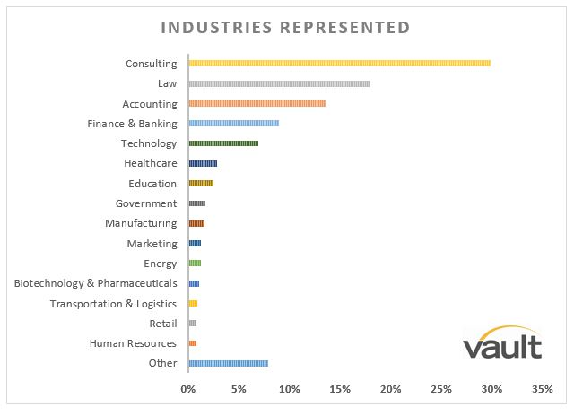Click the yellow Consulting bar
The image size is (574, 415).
339,64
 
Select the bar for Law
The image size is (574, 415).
279,83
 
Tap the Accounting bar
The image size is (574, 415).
257,104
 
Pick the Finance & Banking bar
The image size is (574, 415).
233,124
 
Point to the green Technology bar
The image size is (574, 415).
223,143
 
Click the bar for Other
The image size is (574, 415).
228,363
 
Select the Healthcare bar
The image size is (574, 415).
203,164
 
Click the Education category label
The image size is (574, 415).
152,184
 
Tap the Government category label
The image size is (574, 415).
146,203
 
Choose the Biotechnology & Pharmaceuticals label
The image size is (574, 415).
95,283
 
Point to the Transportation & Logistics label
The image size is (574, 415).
113,304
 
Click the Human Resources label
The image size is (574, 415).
133,343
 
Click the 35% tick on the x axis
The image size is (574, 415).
542,390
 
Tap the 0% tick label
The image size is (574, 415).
188,390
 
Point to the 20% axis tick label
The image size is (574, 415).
390,390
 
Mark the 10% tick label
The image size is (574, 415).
289,390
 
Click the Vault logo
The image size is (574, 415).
502,342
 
